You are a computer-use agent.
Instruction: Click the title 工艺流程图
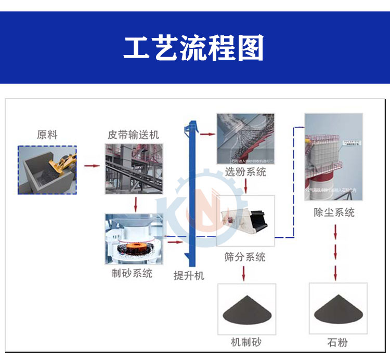[194, 48]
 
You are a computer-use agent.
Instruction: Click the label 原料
[47, 135]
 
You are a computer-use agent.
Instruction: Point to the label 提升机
[189, 276]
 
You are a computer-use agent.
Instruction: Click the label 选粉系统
[245, 172]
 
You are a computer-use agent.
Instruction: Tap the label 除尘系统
[334, 212]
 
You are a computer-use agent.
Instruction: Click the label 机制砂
[246, 342]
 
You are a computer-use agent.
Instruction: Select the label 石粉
[337, 342]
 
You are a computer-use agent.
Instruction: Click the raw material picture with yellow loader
[47, 170]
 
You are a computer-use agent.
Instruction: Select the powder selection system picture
[245, 139]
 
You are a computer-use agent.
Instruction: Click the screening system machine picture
[245, 221]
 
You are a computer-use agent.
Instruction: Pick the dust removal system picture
[333, 158]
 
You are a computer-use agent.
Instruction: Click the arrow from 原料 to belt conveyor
[92, 167]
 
